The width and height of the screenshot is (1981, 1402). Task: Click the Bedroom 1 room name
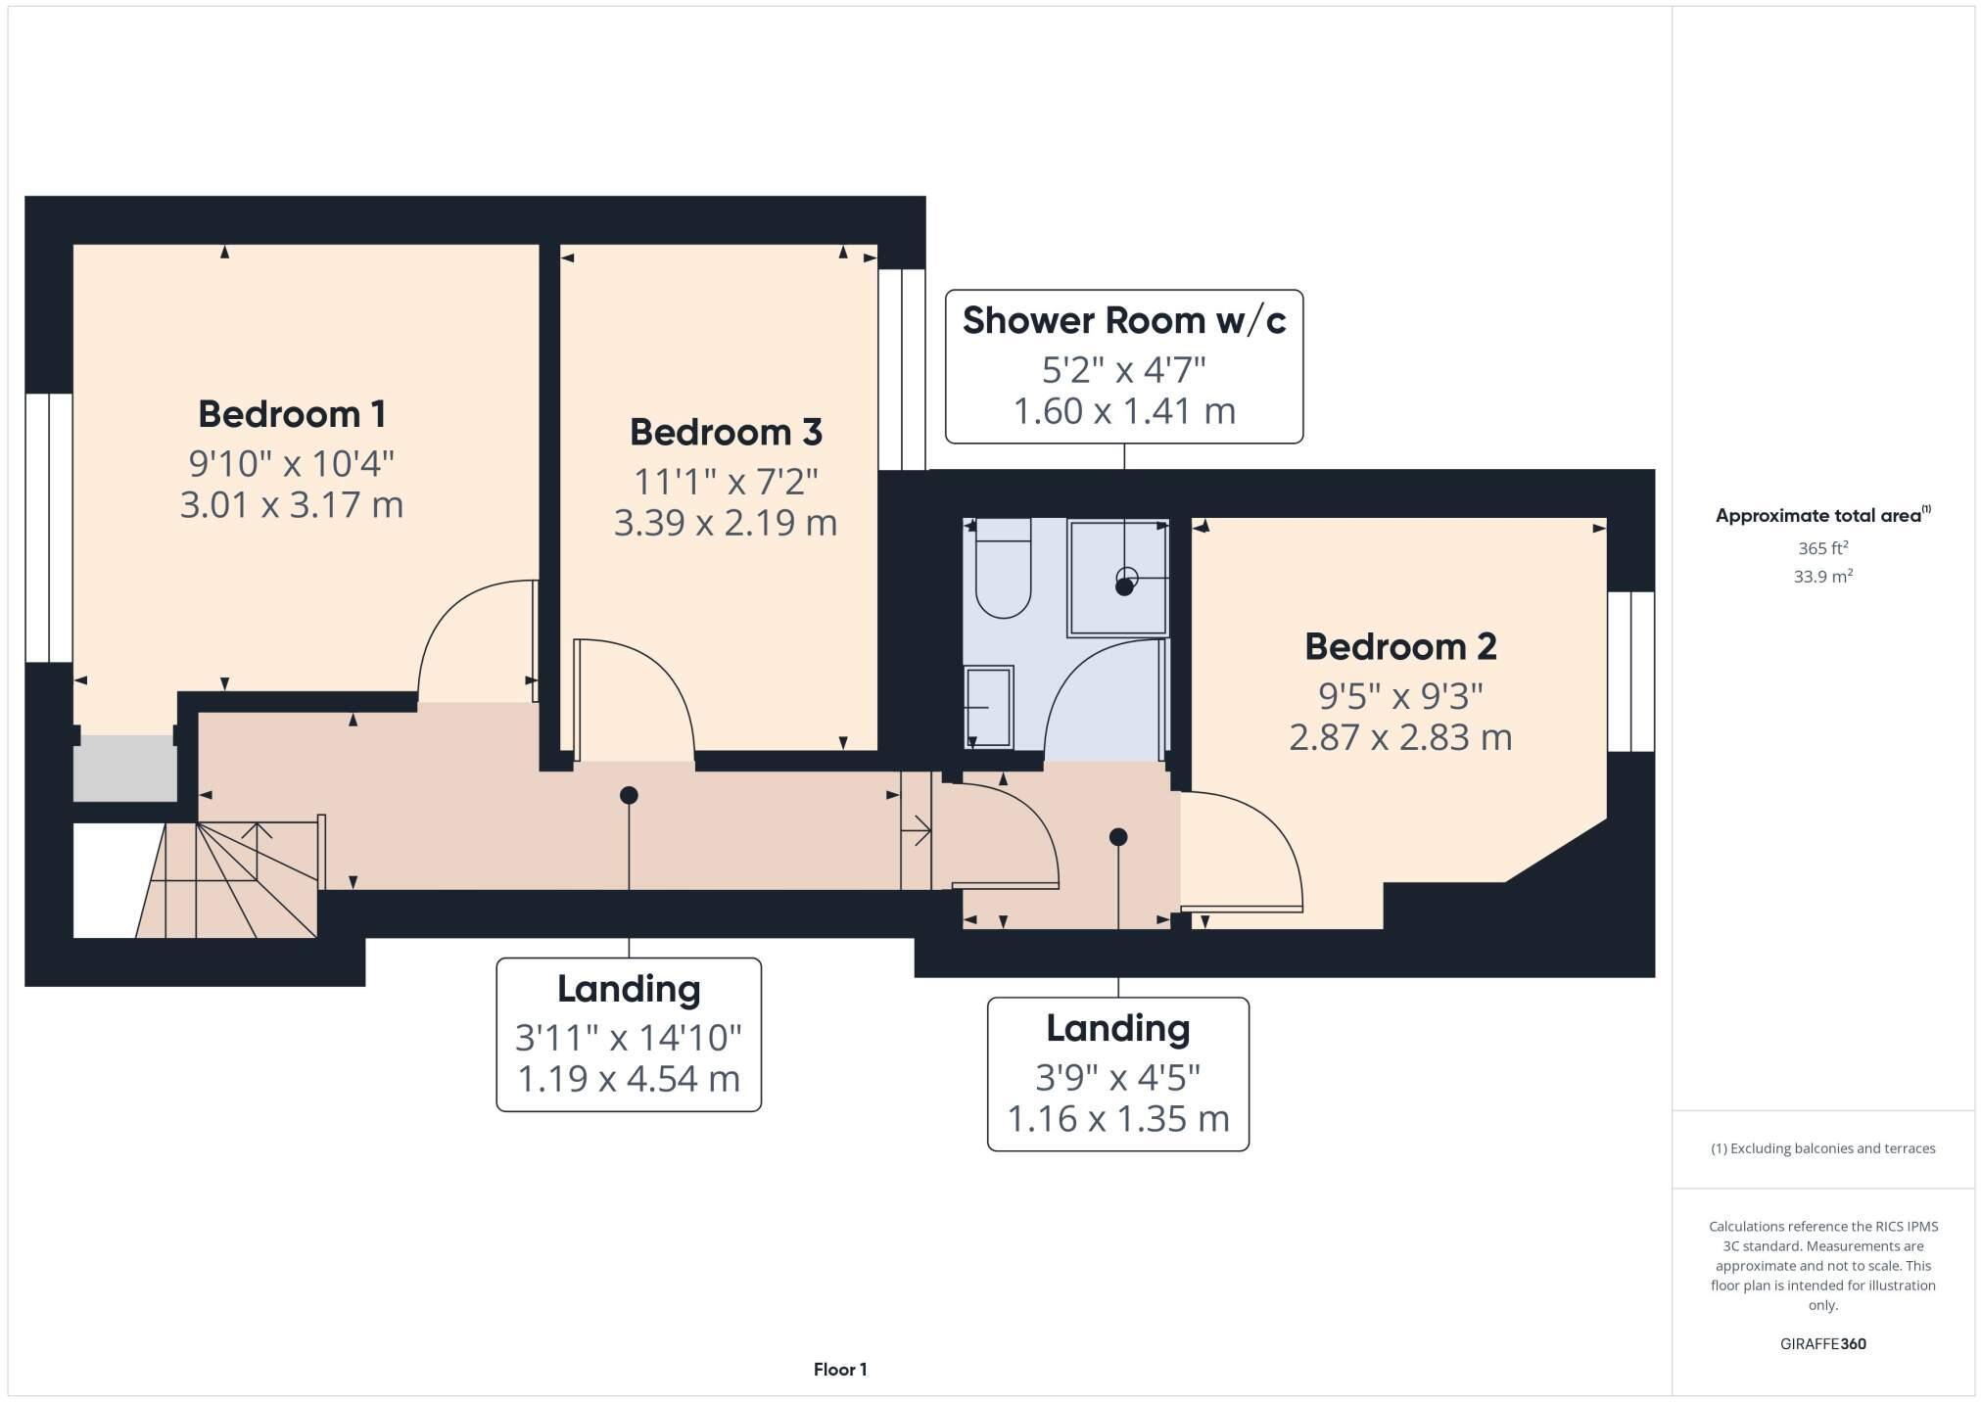(291, 414)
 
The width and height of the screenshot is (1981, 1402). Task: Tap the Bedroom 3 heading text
(726, 432)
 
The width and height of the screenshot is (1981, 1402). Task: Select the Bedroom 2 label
(1400, 646)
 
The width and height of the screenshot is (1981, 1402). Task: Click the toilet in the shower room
(1003, 578)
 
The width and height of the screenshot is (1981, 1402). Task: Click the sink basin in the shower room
(988, 706)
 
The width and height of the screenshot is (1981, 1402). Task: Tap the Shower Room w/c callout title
(1123, 320)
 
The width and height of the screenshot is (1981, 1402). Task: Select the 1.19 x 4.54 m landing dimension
(628, 1079)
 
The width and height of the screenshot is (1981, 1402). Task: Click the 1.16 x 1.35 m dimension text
(1117, 1118)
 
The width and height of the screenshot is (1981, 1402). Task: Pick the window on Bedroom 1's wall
(48, 528)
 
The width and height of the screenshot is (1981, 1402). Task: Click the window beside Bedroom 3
(901, 369)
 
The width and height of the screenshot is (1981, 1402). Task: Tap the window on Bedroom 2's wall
(1630, 672)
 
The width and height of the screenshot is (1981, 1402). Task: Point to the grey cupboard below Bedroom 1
(125, 768)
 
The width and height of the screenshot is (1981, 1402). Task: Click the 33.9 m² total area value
(1821, 577)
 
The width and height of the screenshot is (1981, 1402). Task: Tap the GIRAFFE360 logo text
(1822, 1344)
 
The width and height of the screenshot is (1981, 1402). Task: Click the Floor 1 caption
(839, 1370)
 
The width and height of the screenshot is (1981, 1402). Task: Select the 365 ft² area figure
(1821, 548)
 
